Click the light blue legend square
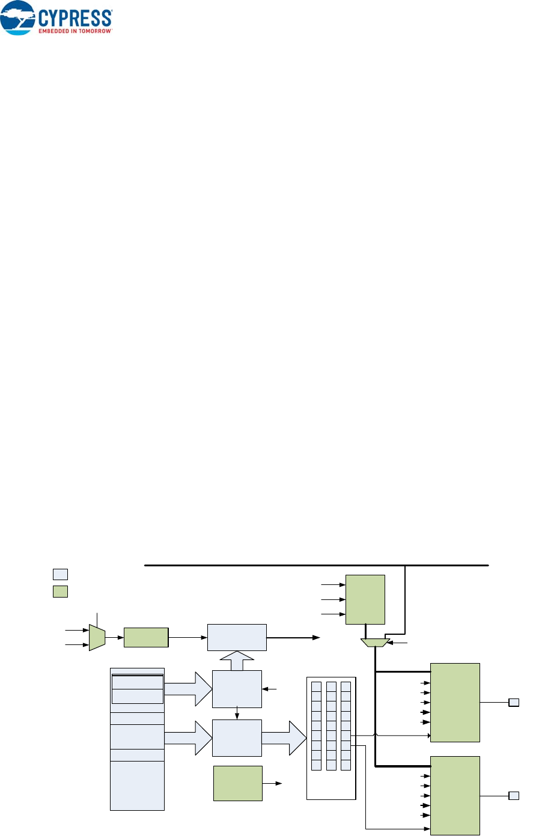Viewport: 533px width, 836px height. click(x=60, y=573)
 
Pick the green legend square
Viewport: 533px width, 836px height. click(x=60, y=591)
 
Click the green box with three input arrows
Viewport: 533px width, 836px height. click(x=365, y=599)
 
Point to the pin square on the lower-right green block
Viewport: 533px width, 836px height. click(x=514, y=796)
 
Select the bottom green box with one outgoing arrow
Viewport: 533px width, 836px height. click(x=237, y=783)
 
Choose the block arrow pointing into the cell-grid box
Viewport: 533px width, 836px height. click(x=285, y=738)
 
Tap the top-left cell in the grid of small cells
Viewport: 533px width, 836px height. click(x=317, y=686)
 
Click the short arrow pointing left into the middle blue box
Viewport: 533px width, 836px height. click(x=270, y=689)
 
